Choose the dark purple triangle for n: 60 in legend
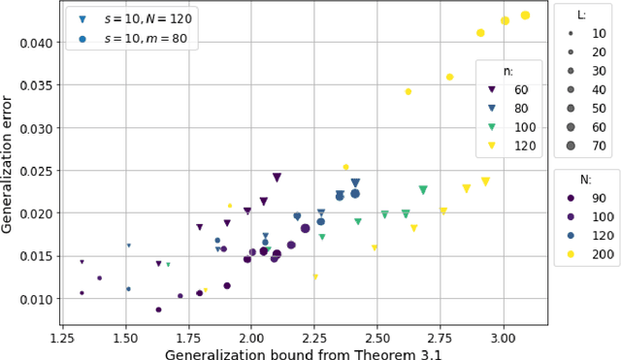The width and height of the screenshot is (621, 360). (x=493, y=89)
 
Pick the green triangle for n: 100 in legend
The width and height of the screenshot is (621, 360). (x=493, y=126)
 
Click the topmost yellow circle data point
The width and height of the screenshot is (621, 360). (x=552, y=16)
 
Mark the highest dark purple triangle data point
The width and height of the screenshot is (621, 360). (x=277, y=178)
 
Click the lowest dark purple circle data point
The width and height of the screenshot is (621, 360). (x=158, y=310)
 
